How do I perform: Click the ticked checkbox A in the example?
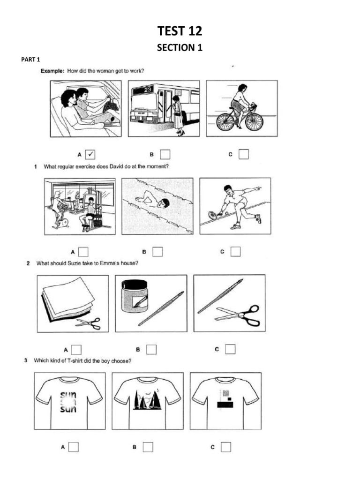(x=91, y=154)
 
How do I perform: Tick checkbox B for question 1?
(x=157, y=252)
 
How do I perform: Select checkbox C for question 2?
(x=230, y=349)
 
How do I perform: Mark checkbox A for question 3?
(x=73, y=447)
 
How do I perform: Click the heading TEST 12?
(x=180, y=32)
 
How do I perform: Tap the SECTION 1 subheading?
(x=180, y=47)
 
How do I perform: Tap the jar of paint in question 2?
(x=135, y=297)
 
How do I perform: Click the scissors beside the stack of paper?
(x=88, y=323)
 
